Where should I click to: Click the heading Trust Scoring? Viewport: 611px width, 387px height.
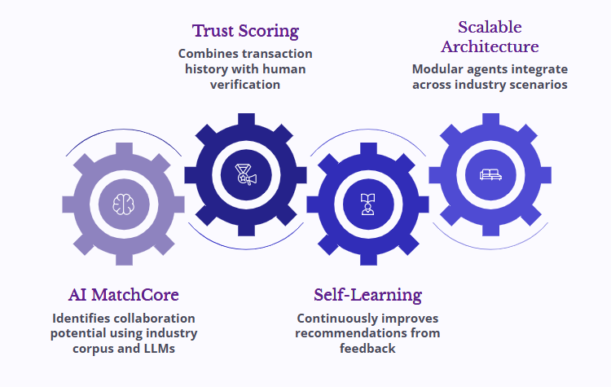pos(245,32)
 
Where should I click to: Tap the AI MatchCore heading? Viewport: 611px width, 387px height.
pos(123,294)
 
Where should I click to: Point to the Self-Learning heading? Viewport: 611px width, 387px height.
pos(367,294)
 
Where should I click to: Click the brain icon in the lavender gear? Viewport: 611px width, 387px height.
pos(123,203)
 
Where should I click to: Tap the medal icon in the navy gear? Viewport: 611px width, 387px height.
pos(245,174)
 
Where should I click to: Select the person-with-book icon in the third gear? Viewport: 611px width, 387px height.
pos(367,203)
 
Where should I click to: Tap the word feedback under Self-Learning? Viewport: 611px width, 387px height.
pos(367,348)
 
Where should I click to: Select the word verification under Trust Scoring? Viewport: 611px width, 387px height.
pos(245,84)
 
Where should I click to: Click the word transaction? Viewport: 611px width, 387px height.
pos(279,55)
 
